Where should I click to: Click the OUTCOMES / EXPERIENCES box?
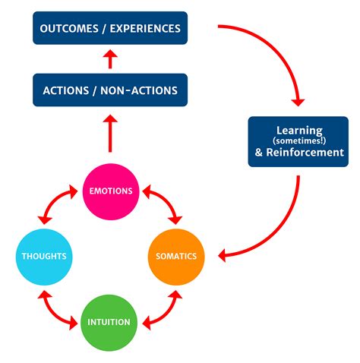pos(110,28)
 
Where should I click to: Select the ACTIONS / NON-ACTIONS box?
pos(110,90)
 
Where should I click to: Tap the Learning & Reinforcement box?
pos(298,141)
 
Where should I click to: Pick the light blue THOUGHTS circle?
pos(44,256)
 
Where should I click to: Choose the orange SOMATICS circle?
pos(177,256)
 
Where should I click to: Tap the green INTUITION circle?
pos(111,321)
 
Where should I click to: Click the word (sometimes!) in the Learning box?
pos(298,141)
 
